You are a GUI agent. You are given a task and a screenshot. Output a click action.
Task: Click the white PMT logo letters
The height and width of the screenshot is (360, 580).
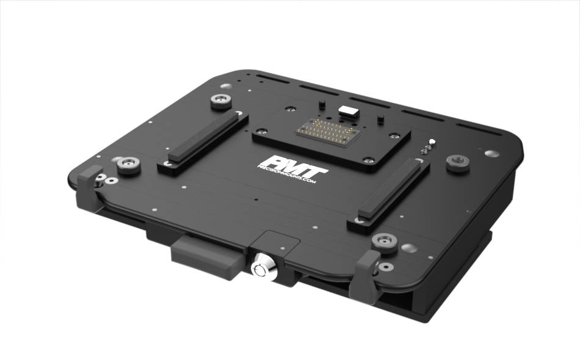pos(292,164)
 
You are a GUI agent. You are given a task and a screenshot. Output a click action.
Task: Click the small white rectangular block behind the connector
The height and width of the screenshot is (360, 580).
pos(349,112)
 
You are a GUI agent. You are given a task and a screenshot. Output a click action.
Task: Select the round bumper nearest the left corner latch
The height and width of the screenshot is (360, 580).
pos(128,164)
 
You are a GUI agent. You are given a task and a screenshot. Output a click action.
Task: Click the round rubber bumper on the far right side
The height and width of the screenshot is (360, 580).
pos(457,162)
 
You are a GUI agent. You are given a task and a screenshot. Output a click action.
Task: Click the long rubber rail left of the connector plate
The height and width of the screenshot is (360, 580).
pos(203,139)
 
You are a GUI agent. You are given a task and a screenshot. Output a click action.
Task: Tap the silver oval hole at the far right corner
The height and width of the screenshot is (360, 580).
pos(491,153)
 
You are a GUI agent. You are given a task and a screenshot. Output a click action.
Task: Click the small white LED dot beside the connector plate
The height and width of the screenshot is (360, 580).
pos(432,142)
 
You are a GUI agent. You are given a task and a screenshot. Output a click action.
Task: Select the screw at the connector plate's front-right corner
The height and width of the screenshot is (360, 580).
pos(369,160)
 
